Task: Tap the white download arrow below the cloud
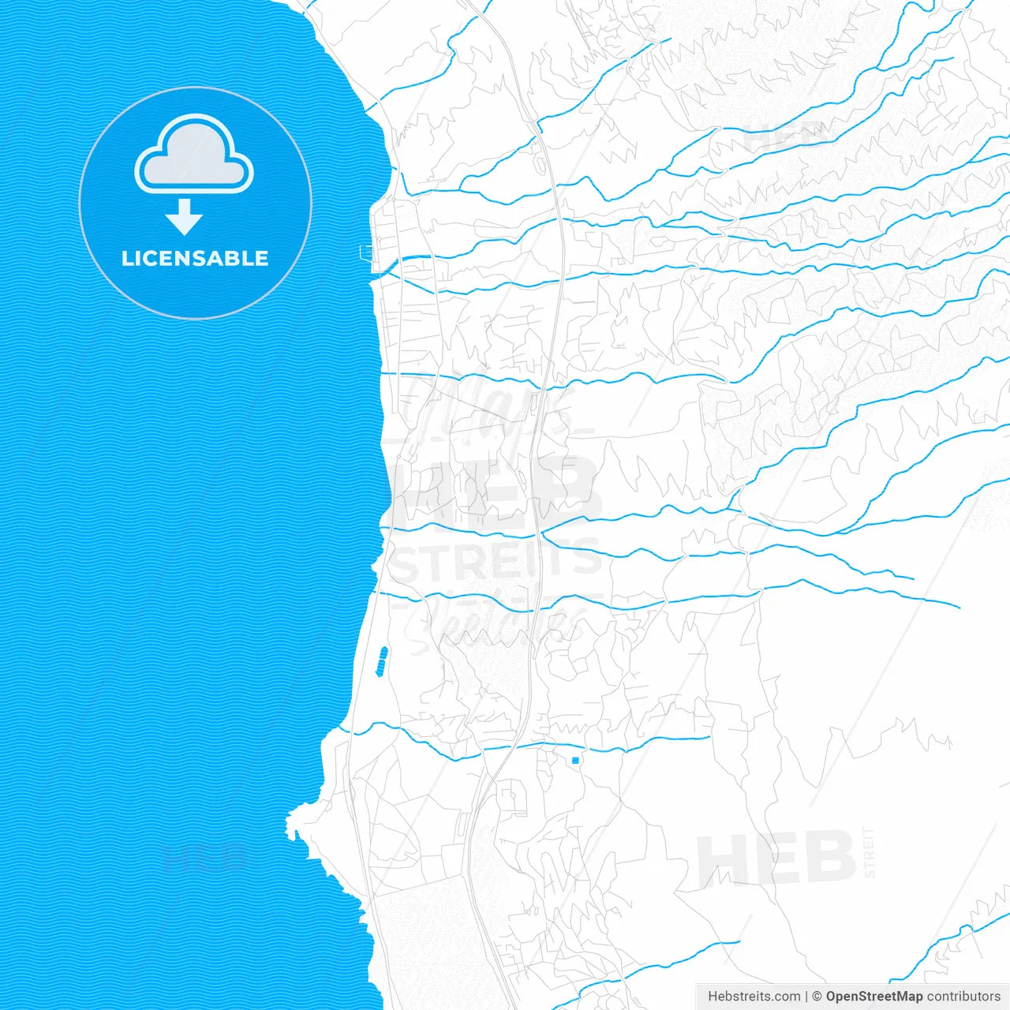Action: click(x=184, y=218)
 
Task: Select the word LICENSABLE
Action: click(x=195, y=259)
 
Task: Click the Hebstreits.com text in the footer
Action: click(x=754, y=997)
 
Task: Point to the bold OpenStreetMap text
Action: click(x=873, y=997)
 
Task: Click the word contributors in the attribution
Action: click(x=963, y=997)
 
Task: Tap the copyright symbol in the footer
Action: click(x=817, y=997)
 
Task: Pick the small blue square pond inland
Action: click(x=575, y=760)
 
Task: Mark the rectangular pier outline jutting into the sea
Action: click(x=366, y=252)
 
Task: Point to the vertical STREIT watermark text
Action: click(x=870, y=852)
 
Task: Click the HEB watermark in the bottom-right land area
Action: click(x=776, y=858)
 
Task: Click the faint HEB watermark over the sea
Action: click(x=204, y=856)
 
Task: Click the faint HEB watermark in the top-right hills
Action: click(x=785, y=138)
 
